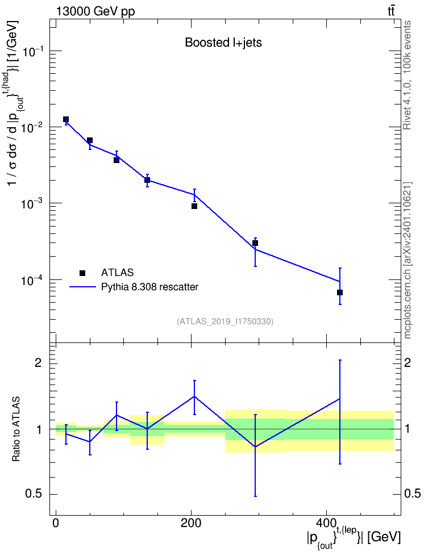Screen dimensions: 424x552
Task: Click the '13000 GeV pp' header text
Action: click(95, 11)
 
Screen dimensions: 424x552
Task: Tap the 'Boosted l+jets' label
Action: click(223, 43)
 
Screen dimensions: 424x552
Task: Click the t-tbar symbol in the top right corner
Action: click(391, 11)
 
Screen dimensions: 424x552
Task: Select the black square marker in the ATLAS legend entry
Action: click(82, 273)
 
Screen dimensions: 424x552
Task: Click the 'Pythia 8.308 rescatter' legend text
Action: click(149, 287)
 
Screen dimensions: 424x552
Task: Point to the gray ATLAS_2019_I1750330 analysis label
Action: click(225, 321)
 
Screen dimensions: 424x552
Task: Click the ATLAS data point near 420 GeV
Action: click(340, 292)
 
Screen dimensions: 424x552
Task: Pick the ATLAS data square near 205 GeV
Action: click(194, 206)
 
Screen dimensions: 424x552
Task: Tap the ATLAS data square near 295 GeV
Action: click(255, 243)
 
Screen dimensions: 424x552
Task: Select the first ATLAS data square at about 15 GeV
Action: click(66, 119)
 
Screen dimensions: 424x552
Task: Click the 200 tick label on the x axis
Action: click(191, 523)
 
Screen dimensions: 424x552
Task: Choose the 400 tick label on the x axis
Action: click(326, 523)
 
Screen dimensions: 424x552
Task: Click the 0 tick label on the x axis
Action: click(56, 523)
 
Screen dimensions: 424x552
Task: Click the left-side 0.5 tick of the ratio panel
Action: click(34, 494)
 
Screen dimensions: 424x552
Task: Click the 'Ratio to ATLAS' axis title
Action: click(16, 429)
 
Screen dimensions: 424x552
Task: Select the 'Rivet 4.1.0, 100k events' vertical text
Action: click(407, 75)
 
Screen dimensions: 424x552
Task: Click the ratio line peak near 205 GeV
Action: click(194, 396)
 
